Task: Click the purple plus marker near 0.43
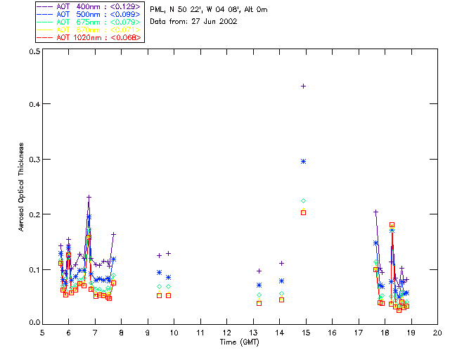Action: [x=303, y=86]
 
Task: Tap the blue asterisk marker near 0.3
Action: [x=303, y=161]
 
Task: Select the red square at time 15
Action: [x=303, y=212]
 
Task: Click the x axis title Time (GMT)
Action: [x=240, y=342]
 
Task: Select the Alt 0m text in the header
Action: [x=252, y=9]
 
